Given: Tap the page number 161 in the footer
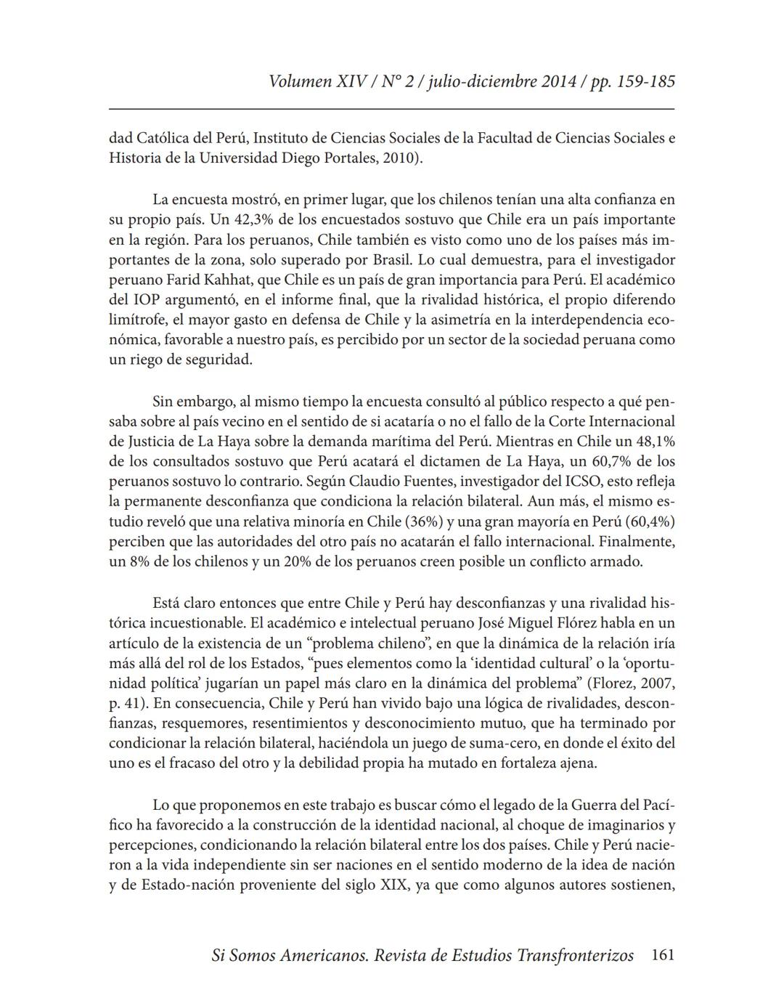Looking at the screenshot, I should [x=663, y=955].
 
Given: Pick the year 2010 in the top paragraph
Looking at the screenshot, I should [x=397, y=158].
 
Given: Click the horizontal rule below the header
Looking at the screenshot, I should [x=392, y=110].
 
